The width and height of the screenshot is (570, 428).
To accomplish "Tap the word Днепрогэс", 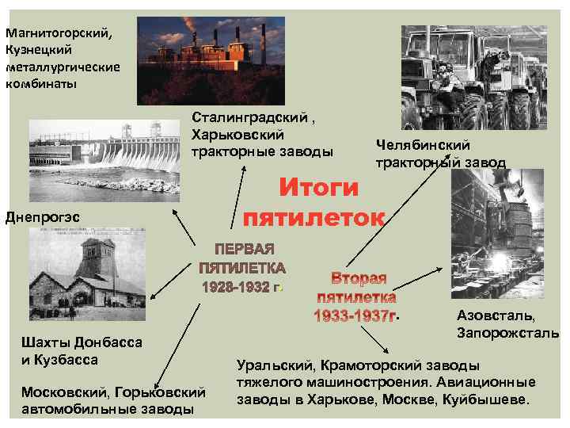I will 38,215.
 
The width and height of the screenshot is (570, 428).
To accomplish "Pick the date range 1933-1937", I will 351,315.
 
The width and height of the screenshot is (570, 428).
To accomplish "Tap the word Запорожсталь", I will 507,332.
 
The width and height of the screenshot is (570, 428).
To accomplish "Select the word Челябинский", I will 424,144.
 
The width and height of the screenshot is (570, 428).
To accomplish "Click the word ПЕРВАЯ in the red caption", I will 242,249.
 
